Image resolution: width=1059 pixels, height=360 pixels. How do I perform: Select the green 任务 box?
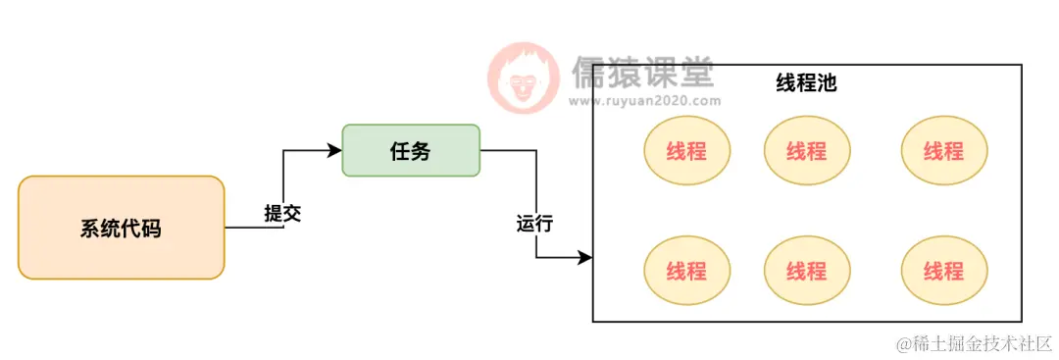click(x=411, y=150)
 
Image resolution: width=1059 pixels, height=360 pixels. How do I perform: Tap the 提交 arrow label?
click(x=282, y=214)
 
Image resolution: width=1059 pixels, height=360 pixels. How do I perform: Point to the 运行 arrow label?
click(x=534, y=224)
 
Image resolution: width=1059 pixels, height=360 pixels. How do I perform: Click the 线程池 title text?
click(x=806, y=83)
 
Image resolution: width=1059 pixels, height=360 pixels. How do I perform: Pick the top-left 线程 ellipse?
click(x=686, y=151)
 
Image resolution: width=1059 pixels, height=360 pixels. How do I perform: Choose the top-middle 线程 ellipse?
click(x=806, y=151)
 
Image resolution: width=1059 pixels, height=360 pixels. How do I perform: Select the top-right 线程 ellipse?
click(x=943, y=151)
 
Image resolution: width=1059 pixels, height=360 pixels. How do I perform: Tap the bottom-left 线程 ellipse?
click(x=686, y=271)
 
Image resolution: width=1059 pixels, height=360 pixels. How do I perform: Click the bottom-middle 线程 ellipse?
click(x=806, y=271)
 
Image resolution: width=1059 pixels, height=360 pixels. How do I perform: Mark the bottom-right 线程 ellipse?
click(x=943, y=271)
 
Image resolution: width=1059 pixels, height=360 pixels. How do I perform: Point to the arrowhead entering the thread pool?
click(x=585, y=258)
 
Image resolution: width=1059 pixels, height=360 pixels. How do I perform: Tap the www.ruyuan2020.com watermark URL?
click(x=644, y=100)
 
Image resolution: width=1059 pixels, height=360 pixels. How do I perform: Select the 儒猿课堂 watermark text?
click(x=642, y=72)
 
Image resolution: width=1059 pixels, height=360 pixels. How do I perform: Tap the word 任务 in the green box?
click(x=411, y=151)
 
